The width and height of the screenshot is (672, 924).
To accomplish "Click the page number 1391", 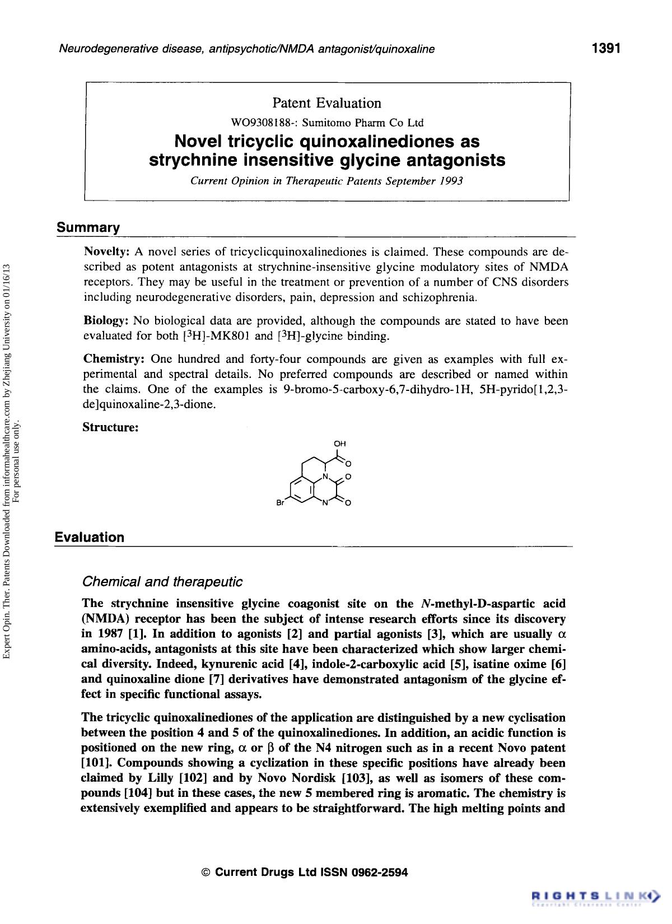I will pos(606,49).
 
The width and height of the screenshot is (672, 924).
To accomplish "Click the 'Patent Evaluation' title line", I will pos(326,103).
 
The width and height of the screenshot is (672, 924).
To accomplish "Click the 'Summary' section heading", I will pos(87,228).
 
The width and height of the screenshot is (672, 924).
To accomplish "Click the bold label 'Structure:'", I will pos(110,427).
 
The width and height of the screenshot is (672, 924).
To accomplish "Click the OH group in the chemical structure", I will pos(339,444).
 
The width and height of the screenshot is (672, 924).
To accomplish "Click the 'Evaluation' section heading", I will pos(90,538).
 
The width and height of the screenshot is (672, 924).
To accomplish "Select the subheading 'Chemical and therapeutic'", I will pos(162,581).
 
